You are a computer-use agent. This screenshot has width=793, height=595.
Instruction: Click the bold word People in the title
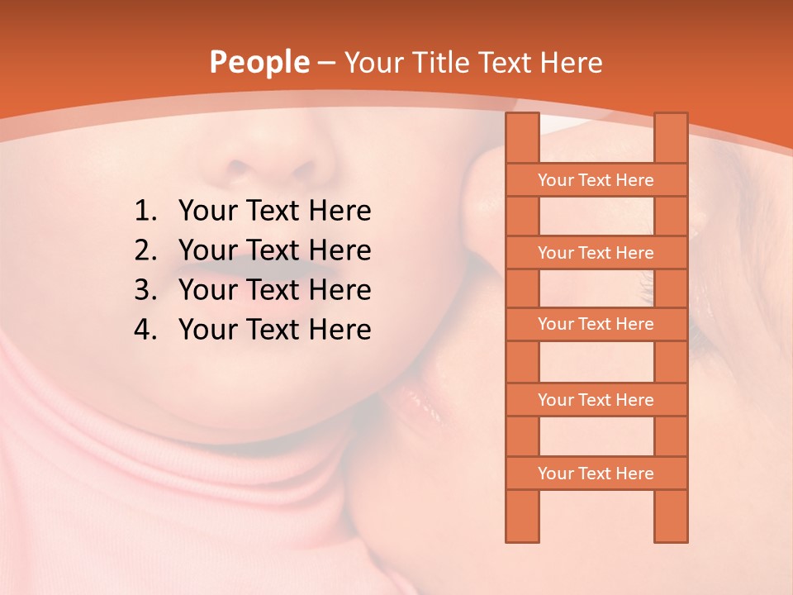click(259, 63)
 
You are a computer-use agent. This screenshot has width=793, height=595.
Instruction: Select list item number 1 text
click(274, 212)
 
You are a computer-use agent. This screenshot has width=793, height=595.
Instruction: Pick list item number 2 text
click(274, 250)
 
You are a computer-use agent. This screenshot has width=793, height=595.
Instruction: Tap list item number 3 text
click(274, 290)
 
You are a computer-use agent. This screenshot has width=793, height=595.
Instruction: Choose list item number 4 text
click(274, 330)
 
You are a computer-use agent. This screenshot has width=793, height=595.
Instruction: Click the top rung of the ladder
click(596, 180)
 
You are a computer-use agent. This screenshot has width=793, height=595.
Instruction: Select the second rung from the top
click(596, 253)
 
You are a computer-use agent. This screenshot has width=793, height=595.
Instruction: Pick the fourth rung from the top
click(596, 400)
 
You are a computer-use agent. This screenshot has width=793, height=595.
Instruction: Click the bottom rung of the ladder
click(596, 474)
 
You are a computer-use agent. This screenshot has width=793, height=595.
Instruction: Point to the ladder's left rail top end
click(522, 117)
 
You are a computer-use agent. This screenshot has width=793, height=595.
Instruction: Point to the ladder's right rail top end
click(671, 117)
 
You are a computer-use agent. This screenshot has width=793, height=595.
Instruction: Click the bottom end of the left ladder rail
click(522, 537)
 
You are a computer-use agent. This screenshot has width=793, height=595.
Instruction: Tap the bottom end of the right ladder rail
click(671, 537)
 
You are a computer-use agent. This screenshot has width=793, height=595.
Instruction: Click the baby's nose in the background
click(264, 161)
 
